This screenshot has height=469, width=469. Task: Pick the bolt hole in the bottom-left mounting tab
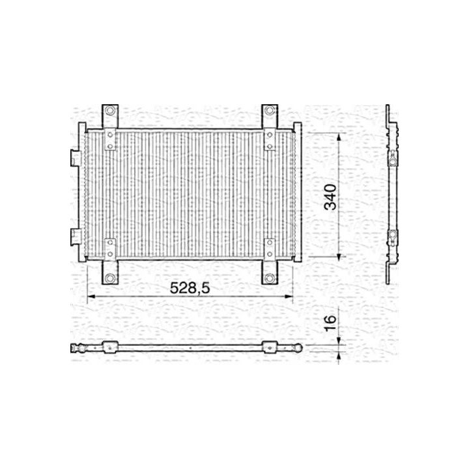[x=109, y=279]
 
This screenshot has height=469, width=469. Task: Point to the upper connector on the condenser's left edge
[x=75, y=156]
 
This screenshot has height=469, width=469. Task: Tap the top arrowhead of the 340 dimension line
[x=339, y=135]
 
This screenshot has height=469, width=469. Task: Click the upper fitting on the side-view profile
[x=393, y=157]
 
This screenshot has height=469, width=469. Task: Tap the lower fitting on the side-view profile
[x=393, y=238]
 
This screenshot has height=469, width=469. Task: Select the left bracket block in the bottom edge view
[x=108, y=347]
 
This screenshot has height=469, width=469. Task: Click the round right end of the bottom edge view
[x=298, y=348]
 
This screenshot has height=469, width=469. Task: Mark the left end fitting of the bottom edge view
[x=77, y=348]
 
